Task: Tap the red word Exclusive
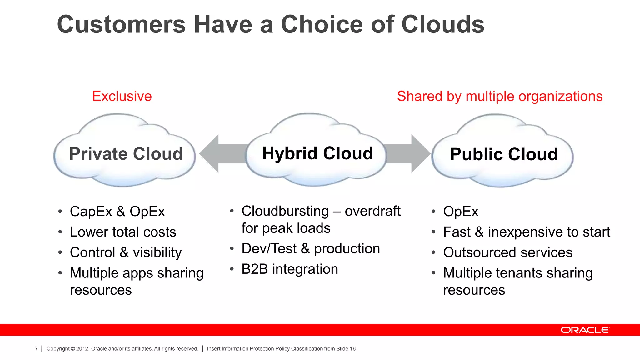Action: coord(122,96)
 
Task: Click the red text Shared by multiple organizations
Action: coord(499,96)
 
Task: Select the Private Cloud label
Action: coord(126,154)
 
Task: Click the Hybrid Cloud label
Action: coord(317,153)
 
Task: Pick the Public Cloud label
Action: coord(504,154)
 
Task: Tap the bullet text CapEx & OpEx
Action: coord(117,212)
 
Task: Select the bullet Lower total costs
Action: coord(123,232)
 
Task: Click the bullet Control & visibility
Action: coord(126,252)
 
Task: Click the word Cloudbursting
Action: coord(285,211)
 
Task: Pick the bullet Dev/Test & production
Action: coord(311,249)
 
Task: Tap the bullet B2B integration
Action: coord(290,269)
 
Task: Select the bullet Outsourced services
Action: coord(507,252)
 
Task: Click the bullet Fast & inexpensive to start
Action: coord(527,232)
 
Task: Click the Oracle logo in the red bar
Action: coord(585,330)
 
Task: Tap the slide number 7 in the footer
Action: coord(36,348)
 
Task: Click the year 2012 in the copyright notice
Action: coord(82,349)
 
